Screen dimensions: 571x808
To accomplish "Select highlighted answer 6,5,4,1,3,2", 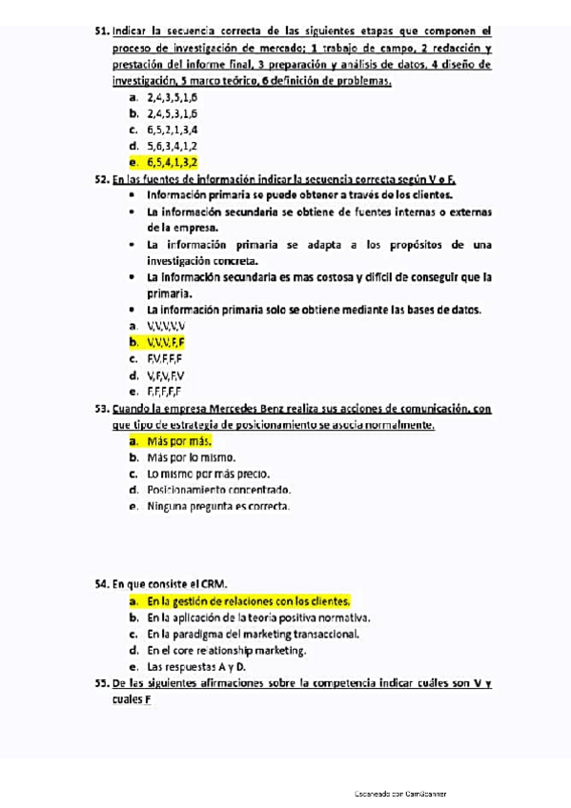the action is click(172, 162).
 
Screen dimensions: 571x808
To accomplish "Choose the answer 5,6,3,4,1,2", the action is click(172, 146).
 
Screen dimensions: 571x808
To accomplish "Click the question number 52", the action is click(102, 178).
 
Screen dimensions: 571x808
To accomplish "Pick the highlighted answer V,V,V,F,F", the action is click(166, 341).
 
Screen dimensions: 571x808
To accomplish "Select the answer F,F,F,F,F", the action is click(164, 391).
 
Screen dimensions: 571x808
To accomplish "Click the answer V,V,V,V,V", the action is click(166, 325).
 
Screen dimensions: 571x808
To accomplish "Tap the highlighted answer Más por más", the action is click(178, 441).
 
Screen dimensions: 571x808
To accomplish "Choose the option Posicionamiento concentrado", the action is click(218, 490).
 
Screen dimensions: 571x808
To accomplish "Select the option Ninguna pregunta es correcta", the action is click(218, 506).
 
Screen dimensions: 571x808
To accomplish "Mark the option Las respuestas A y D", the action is click(196, 667).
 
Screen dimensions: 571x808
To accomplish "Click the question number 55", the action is click(102, 683).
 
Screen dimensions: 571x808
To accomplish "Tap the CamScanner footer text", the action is click(399, 793).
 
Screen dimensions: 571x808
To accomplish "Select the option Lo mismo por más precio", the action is click(208, 474).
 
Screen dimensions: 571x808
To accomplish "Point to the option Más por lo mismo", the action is click(192, 457).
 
